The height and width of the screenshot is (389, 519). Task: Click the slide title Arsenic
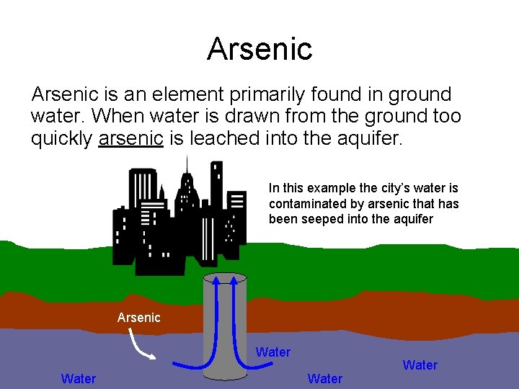coord(259,48)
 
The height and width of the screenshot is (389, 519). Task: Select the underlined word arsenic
coord(130,138)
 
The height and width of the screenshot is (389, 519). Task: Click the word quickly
coord(61,138)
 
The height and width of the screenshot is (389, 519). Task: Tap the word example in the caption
coord(331,188)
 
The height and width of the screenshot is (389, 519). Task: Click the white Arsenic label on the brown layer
coord(138,317)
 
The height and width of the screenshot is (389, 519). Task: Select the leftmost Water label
coord(79,378)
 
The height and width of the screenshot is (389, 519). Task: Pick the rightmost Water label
coord(420,365)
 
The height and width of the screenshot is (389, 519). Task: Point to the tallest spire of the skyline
coord(187,160)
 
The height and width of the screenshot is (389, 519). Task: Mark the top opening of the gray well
coord(225,278)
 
